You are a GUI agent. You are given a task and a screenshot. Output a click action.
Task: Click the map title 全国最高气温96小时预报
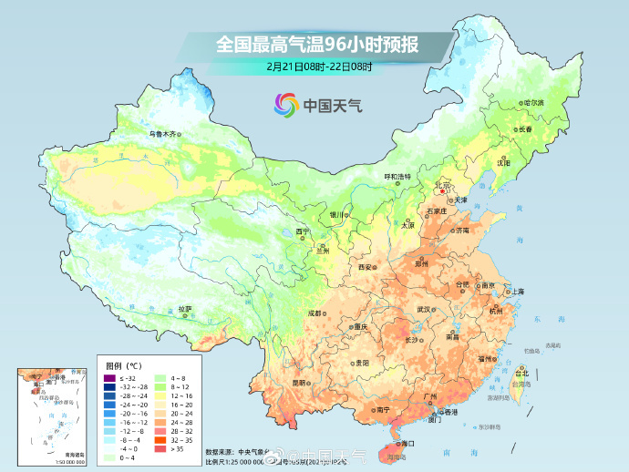point(314,44)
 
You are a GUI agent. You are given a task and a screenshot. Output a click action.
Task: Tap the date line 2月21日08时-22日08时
point(314,66)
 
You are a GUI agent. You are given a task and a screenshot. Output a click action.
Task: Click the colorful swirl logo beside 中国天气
point(284,105)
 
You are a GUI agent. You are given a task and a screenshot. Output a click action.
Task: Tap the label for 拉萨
point(185,308)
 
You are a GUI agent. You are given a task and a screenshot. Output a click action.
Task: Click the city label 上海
point(517,291)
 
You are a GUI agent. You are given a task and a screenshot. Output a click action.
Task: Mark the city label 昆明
point(299,383)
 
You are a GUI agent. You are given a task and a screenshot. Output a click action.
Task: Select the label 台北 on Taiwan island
point(522,374)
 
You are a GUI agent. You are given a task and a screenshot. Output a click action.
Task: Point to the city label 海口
point(407,443)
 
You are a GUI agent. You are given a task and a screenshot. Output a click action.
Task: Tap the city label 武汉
point(423,309)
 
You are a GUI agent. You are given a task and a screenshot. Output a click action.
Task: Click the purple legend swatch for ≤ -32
point(109,378)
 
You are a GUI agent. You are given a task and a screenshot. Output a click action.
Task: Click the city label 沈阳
point(503,161)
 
